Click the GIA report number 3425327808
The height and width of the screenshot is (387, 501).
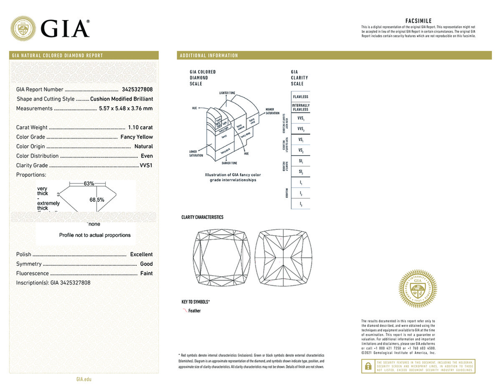pyautogui.click(x=137, y=90)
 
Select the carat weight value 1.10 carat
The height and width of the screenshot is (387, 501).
pyautogui.click(x=141, y=128)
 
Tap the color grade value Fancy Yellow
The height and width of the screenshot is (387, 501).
pyautogui.click(x=137, y=137)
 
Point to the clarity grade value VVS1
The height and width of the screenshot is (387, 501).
pyautogui.click(x=146, y=165)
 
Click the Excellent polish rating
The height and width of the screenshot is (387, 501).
pyautogui.click(x=141, y=254)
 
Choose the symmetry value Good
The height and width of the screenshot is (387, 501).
pyautogui.click(x=146, y=264)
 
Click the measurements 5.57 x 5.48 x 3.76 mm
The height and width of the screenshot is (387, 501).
pyautogui.click(x=126, y=109)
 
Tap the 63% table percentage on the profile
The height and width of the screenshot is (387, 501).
pyautogui.click(x=89, y=184)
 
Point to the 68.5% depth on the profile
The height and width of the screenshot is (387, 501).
pyautogui.click(x=97, y=200)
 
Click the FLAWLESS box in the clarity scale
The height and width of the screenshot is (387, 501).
pyautogui.click(x=301, y=97)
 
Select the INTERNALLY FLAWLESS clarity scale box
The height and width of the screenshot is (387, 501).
pyautogui.click(x=301, y=108)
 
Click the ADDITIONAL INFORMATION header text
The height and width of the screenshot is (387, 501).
pyautogui.click(x=209, y=56)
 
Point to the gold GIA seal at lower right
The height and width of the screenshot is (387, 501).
pyautogui.click(x=417, y=288)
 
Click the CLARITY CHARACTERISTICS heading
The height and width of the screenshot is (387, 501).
pyautogui.click(x=202, y=217)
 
